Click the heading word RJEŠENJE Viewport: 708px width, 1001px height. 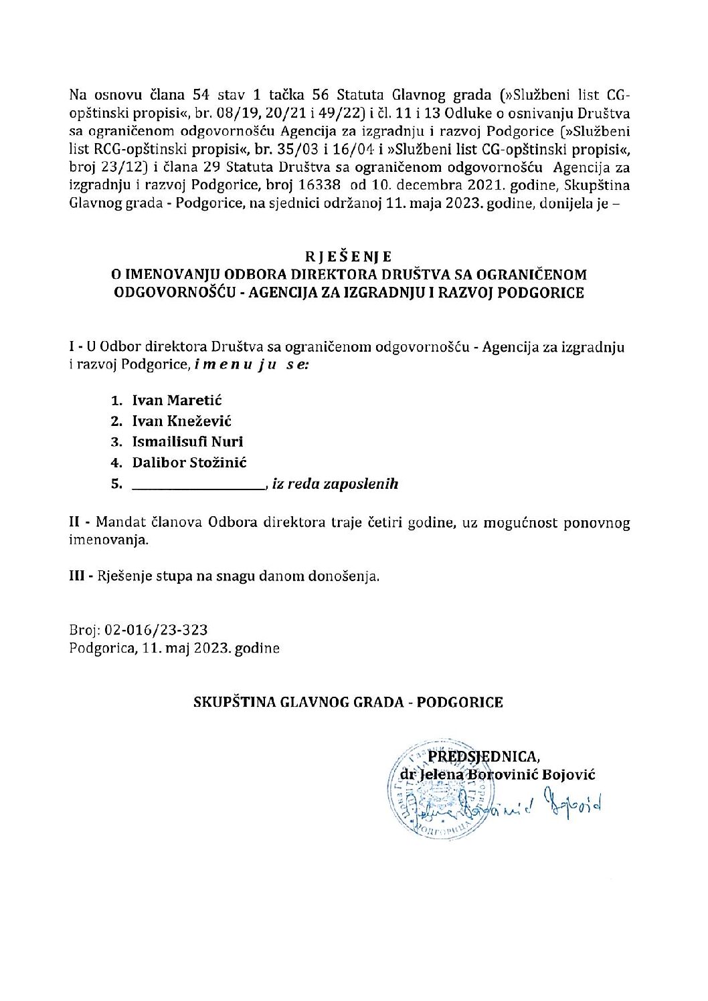click(348, 256)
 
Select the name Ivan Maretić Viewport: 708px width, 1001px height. click(177, 401)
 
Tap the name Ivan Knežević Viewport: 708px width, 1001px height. click(182, 421)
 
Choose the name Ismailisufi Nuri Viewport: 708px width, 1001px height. click(187, 442)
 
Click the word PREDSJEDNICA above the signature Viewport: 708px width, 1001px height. click(483, 756)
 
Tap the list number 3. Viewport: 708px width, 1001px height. click(116, 442)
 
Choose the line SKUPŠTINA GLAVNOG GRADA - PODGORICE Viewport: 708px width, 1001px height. click(348, 703)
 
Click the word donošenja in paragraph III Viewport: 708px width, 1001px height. click(347, 576)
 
